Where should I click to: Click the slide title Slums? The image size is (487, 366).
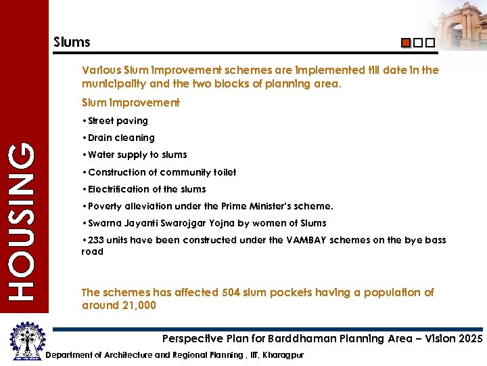(72, 42)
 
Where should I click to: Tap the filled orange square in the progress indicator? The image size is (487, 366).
(405, 43)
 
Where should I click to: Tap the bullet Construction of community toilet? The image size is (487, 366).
(158, 172)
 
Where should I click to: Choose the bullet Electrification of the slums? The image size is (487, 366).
(143, 189)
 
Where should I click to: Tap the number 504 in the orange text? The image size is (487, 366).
(231, 293)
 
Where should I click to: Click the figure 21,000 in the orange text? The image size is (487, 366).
(138, 306)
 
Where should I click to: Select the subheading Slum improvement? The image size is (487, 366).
(131, 103)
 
